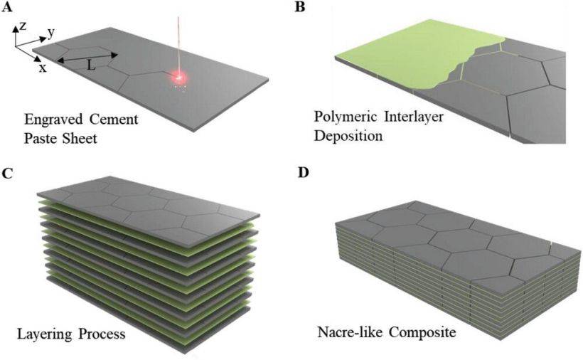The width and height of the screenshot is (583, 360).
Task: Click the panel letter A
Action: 7,6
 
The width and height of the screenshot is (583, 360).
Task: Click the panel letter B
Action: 300,6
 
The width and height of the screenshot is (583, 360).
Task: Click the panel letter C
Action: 6,174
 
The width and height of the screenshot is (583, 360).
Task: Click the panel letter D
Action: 304,174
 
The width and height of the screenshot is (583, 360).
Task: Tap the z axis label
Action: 23,26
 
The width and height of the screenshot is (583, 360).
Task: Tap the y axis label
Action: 51,33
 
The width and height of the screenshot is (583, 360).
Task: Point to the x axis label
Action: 43,68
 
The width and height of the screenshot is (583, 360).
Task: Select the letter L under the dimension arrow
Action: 91,66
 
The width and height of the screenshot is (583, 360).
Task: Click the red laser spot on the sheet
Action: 179,78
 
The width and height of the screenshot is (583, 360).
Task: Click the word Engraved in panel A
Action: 53,120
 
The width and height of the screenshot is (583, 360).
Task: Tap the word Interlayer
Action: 414,117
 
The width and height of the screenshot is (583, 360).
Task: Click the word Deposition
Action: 348,136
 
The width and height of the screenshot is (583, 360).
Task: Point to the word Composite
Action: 419,332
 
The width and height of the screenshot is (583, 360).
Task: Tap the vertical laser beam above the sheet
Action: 179,46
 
